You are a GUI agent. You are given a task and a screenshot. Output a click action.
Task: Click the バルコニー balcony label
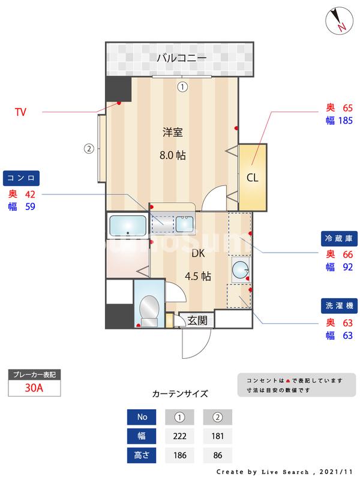click(182, 58)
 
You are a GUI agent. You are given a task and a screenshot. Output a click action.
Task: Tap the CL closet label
click(253, 177)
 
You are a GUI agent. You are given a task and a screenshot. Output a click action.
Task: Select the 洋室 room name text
click(172, 133)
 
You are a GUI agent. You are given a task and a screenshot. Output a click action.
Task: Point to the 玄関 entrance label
click(197, 320)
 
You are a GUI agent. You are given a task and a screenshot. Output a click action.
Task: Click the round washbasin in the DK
click(241, 269)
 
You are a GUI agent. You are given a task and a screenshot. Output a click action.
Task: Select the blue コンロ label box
click(22, 178)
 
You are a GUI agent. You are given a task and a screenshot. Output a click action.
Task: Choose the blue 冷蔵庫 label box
click(339, 239)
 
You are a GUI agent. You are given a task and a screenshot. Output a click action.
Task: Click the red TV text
click(20, 112)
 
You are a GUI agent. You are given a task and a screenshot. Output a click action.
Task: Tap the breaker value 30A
click(34, 388)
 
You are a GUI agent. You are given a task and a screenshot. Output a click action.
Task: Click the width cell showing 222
click(178, 436)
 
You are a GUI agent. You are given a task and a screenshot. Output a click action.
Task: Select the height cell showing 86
click(217, 456)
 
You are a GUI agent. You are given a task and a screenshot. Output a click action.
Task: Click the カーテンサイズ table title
click(180, 394)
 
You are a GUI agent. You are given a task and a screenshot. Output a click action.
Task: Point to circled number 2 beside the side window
click(88, 149)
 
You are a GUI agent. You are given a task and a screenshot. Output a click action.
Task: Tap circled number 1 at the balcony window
click(182, 86)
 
